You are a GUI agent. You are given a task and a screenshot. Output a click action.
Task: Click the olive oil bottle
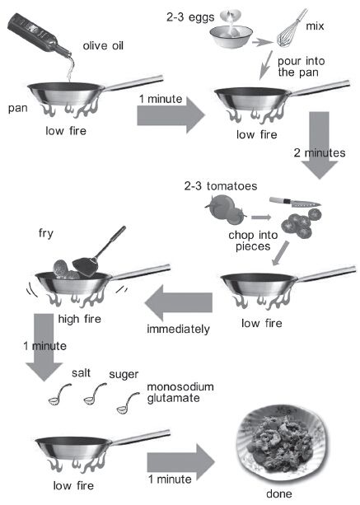click(x=39, y=35)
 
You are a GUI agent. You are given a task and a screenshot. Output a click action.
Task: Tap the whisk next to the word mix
click(x=292, y=29)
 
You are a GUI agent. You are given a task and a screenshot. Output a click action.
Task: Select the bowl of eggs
click(x=231, y=36)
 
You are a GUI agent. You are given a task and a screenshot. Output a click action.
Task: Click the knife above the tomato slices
click(x=295, y=203)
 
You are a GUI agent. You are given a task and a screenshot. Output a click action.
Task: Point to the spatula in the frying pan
click(x=96, y=255)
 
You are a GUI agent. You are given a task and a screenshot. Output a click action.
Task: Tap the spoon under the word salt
click(x=59, y=394)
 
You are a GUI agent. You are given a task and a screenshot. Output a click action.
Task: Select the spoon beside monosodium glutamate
click(x=128, y=403)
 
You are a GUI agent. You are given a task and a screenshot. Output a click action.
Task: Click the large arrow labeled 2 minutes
click(x=320, y=145)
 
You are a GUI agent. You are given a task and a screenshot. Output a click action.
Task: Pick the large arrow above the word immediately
click(x=179, y=302)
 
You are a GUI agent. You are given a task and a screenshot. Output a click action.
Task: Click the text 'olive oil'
click(x=103, y=46)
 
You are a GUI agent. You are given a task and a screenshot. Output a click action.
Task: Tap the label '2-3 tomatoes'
click(x=221, y=186)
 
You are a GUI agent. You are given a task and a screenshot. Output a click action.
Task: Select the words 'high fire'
click(x=80, y=319)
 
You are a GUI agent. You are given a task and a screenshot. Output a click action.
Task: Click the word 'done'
click(x=279, y=493)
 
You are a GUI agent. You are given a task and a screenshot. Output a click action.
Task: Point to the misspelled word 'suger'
click(x=124, y=375)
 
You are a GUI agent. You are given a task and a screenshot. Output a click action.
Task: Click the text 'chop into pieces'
click(x=253, y=241)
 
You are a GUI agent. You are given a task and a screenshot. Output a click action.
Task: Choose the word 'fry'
click(x=46, y=233)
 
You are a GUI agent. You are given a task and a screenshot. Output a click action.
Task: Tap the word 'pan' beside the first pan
click(x=17, y=109)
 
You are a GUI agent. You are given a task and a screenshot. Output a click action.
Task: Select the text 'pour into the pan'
click(x=301, y=67)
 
